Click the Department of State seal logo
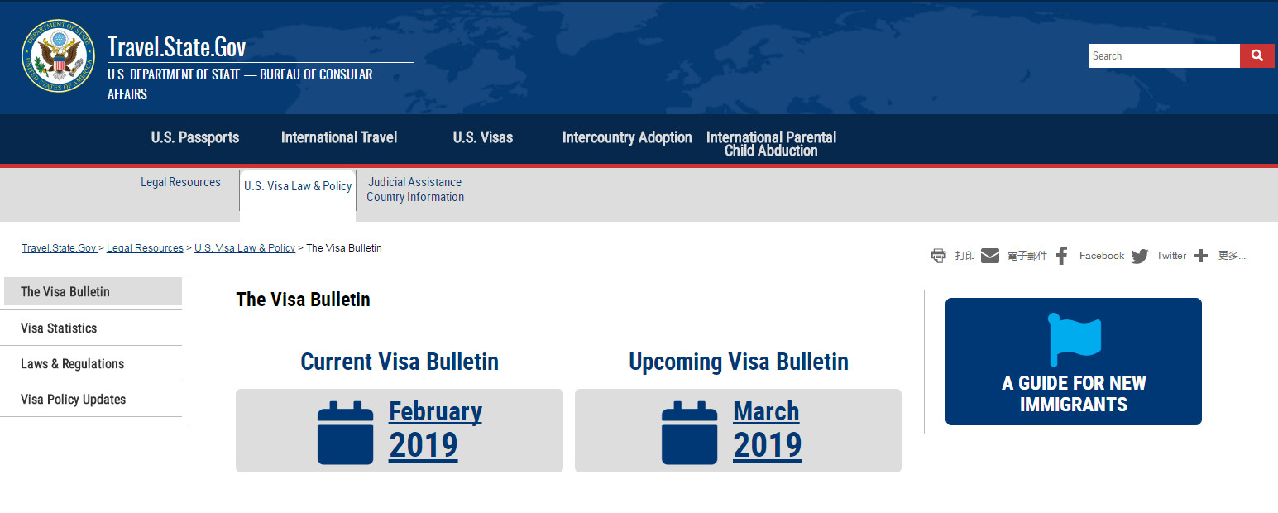pos(58,56)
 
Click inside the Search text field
pos(1164,56)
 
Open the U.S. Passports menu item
pos(195,137)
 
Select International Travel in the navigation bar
pos(339,137)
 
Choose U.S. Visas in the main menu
pos(483,137)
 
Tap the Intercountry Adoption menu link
pos(627,137)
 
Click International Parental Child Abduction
pos(772,144)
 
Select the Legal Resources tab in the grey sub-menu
pos(180,182)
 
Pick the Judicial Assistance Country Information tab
pos(415,189)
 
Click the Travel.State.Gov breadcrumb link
pos(59,248)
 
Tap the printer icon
pos(938,256)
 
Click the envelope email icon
pos(990,256)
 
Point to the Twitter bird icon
pos(1139,256)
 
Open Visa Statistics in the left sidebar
pos(59,328)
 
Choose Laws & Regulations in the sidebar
pos(73,363)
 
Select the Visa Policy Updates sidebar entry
pos(73,400)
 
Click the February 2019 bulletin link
pos(435,429)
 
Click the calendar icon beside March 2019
pos(689,433)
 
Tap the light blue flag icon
pos(1075,339)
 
